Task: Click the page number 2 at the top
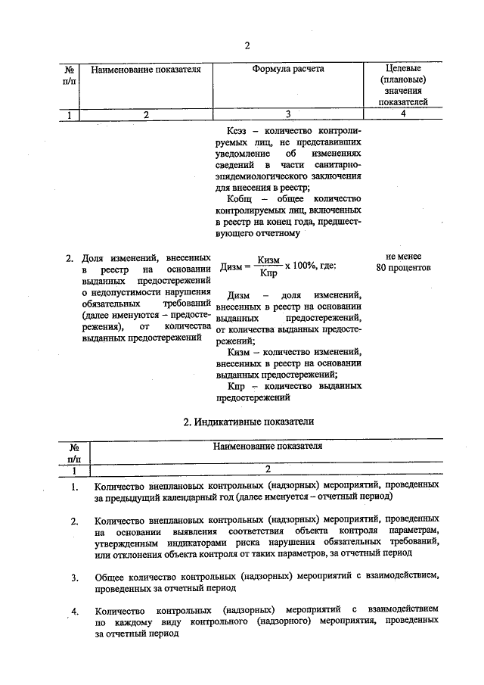click(247, 45)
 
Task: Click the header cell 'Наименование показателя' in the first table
click(145, 70)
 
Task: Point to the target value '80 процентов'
click(403, 267)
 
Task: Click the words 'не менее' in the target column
click(403, 257)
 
